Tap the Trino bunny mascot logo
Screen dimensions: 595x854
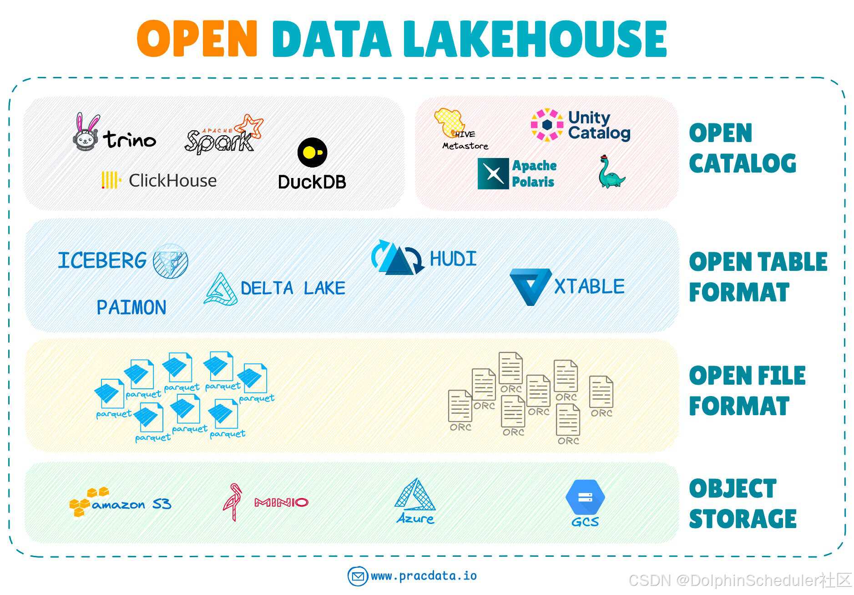[x=86, y=132]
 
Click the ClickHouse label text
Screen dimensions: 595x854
[x=172, y=181]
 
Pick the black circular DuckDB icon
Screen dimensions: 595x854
[x=312, y=152]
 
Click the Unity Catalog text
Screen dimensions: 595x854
[x=599, y=125]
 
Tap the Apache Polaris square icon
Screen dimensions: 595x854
[x=493, y=173]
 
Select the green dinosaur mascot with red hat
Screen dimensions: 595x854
[x=611, y=172]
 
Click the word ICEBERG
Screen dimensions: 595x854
[x=102, y=260]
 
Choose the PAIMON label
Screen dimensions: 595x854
[x=131, y=308]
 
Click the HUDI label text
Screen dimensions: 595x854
[x=453, y=259]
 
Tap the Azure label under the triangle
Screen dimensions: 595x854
[x=415, y=519]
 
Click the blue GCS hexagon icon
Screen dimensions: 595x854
[x=585, y=497]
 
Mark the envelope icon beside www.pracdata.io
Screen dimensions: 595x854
[x=358, y=576]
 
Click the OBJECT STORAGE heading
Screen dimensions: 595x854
[x=743, y=503]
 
